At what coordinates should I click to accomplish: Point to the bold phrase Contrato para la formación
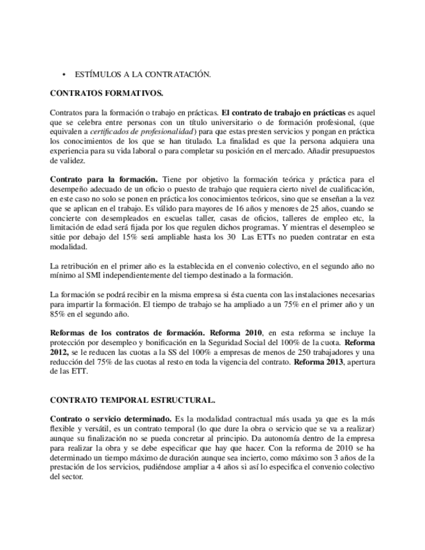103,178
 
